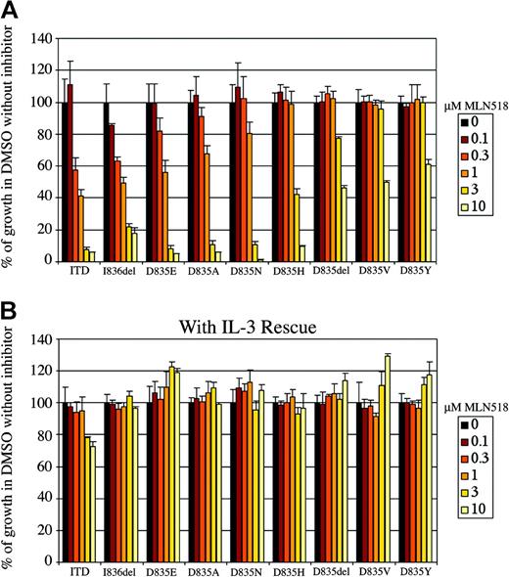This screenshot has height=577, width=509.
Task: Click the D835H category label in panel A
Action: pyautogui.click(x=289, y=275)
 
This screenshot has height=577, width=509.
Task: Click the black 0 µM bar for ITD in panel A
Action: pyautogui.click(x=64, y=182)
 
